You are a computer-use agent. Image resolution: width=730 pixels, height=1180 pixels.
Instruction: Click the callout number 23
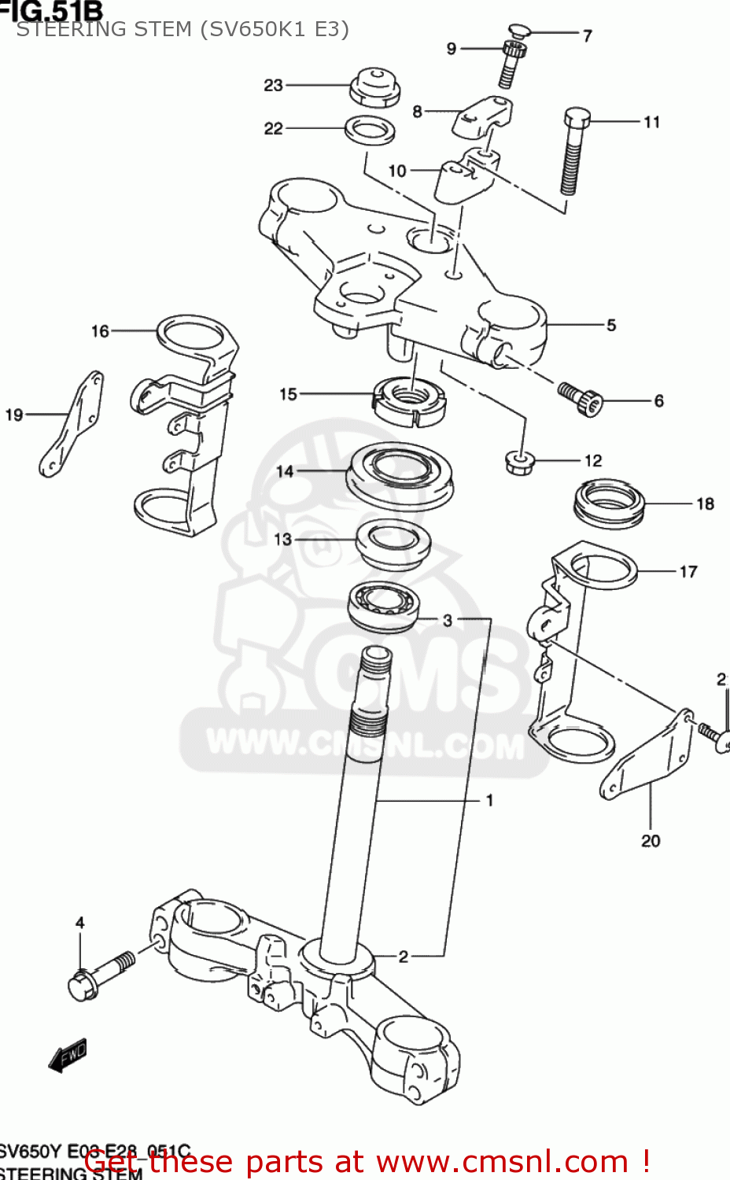(273, 85)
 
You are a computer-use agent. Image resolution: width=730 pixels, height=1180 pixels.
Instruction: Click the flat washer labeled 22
(370, 130)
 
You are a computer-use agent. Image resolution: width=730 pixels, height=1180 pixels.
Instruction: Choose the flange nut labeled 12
(518, 461)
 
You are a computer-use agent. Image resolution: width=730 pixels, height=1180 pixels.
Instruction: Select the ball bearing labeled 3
(383, 606)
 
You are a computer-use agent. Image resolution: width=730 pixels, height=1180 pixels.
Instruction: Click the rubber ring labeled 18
(609, 503)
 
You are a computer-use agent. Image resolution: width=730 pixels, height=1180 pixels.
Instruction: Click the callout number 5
(611, 325)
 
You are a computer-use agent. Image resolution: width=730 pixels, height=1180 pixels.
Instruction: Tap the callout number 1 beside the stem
(489, 800)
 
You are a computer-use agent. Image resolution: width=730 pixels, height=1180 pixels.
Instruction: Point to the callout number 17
(688, 572)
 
